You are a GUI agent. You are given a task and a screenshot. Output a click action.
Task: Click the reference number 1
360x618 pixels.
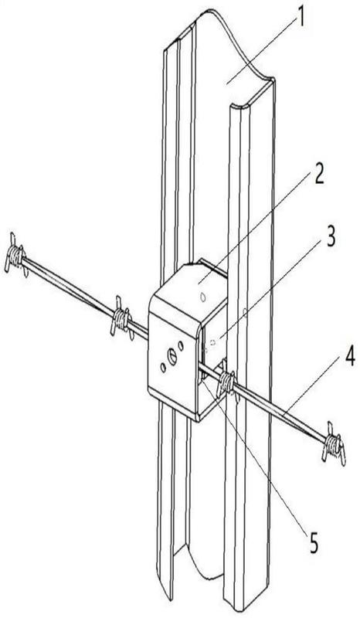click(301, 18)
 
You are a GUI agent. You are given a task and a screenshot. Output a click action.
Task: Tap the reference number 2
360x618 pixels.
click(319, 174)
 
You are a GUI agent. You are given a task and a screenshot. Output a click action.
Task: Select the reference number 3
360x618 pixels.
click(331, 237)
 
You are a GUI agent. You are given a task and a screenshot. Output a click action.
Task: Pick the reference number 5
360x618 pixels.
click(314, 543)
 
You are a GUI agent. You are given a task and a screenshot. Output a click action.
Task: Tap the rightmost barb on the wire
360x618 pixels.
click(334, 443)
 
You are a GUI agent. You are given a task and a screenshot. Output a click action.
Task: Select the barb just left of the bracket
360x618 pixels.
click(122, 318)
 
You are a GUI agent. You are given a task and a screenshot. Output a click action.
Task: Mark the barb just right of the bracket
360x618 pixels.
click(226, 380)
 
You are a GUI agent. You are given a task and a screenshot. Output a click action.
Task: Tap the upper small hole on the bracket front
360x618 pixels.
click(181, 345)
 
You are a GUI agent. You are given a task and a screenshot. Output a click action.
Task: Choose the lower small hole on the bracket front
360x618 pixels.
click(163, 368)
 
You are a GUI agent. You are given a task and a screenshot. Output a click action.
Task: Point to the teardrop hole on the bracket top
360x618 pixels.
click(202, 297)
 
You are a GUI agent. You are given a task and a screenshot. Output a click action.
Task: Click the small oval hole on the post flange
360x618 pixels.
click(244, 313)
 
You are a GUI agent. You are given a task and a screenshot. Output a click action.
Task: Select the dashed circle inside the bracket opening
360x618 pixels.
click(213, 342)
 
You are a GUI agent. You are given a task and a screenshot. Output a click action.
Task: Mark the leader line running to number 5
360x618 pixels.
click(256, 457)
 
